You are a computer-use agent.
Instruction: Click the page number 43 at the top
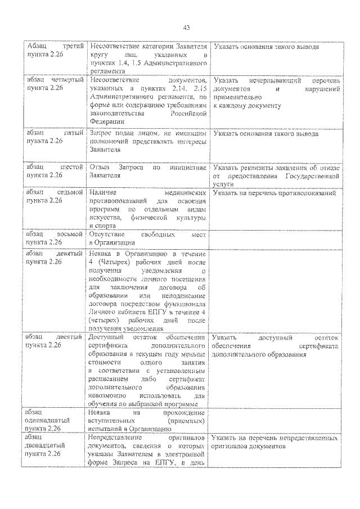pos(186,28)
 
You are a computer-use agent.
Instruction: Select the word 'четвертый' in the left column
pos(67,80)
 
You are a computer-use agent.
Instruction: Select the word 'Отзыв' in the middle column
pos(98,167)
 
